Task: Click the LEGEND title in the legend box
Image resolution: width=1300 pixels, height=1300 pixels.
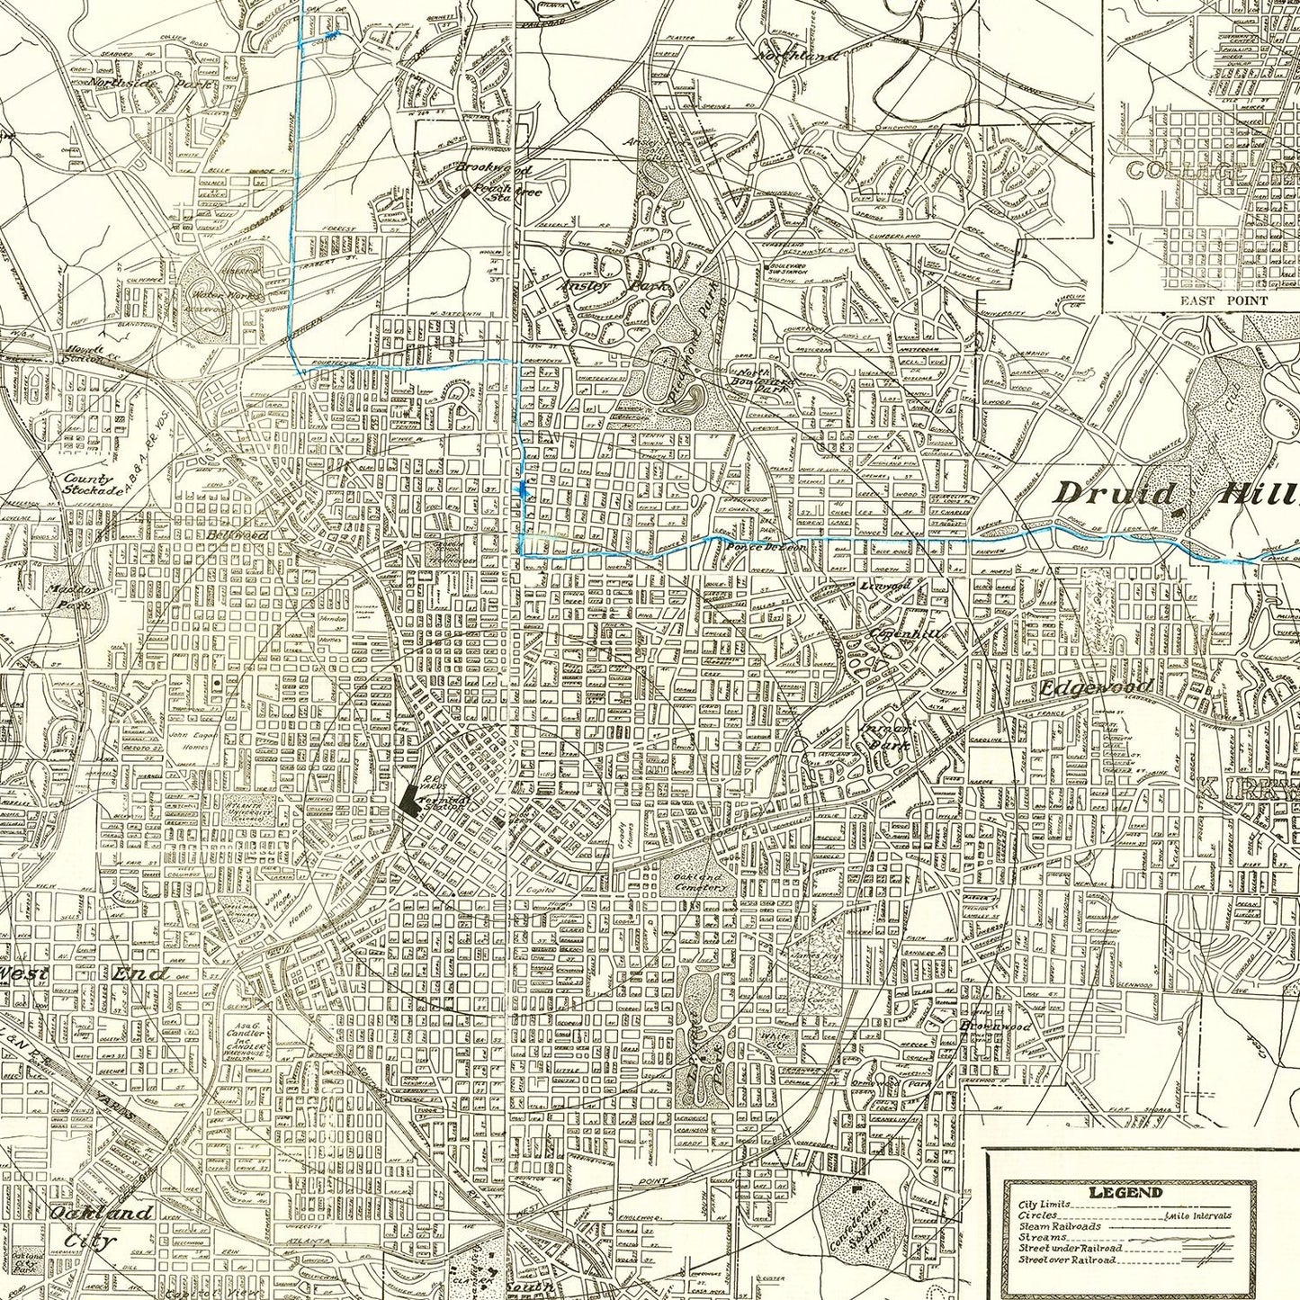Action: (1124, 1192)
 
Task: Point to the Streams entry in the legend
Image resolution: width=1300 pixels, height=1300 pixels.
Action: (1042, 1237)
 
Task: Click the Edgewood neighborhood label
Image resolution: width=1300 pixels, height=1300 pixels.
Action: (1096, 688)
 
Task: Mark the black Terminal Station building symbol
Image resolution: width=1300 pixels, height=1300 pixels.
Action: (412, 799)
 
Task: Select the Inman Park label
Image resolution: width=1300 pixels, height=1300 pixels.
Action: (886, 733)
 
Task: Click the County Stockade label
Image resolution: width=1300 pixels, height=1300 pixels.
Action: (92, 485)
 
